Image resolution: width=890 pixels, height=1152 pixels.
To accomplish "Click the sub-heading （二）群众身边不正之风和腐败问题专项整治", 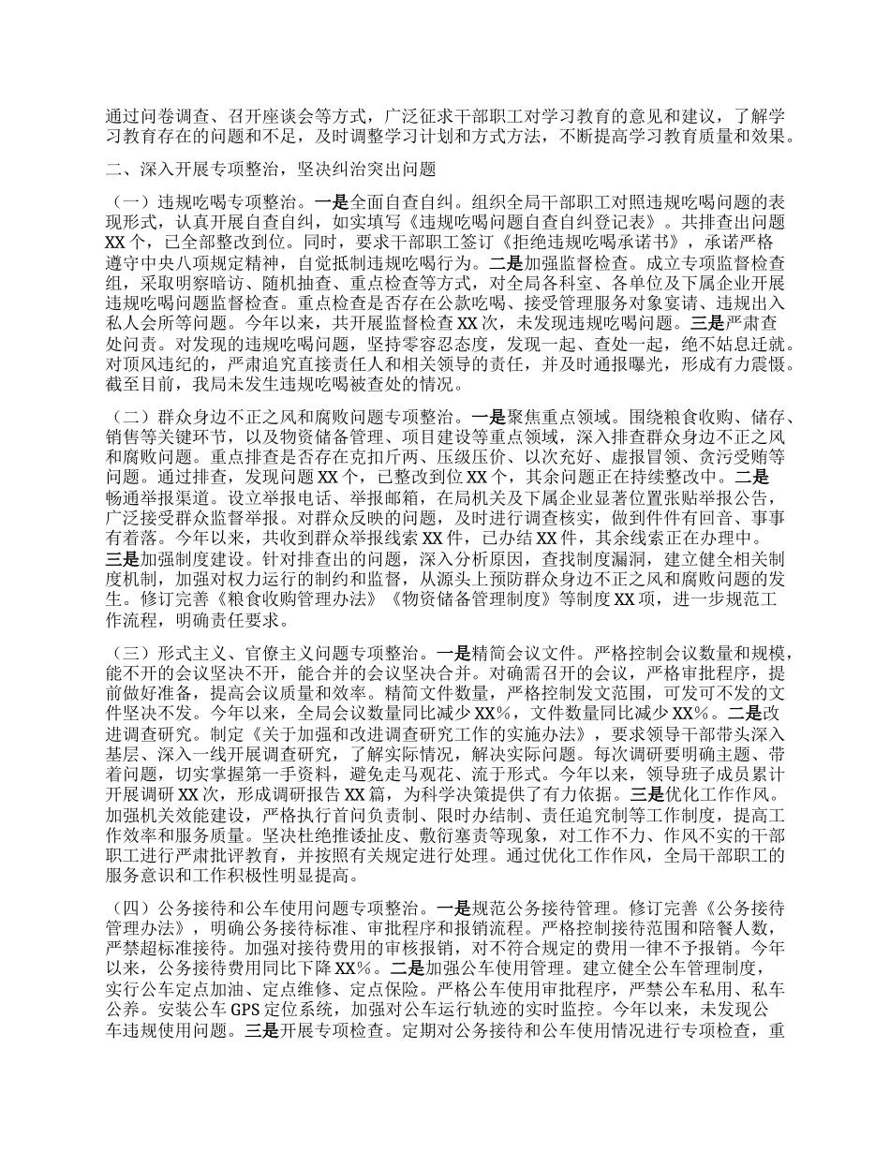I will (x=281, y=415).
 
